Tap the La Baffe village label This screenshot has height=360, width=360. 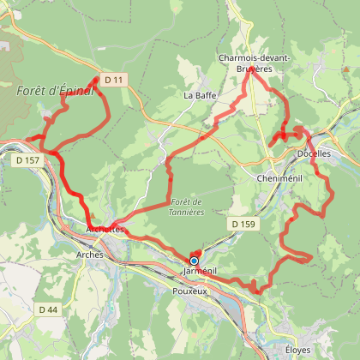[x=199, y=95]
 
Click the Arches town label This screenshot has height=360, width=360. [x=90, y=255]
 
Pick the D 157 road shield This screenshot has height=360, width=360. [x=27, y=160]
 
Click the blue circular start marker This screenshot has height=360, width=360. [x=195, y=261]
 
